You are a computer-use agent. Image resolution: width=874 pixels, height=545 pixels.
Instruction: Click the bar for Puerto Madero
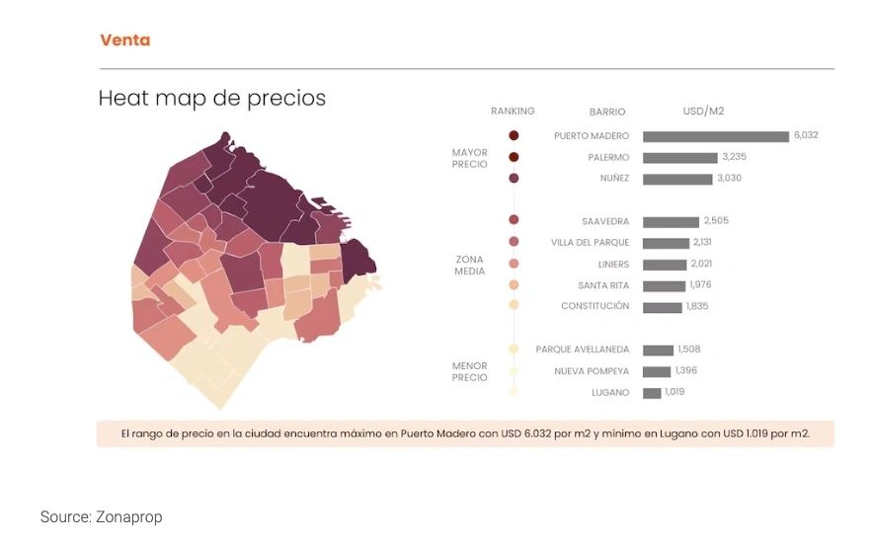[x=715, y=136]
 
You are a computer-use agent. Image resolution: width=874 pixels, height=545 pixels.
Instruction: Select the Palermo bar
[x=679, y=157]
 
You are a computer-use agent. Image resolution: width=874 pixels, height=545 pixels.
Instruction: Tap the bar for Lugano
[x=652, y=393]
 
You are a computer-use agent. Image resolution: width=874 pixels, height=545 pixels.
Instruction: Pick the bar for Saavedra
[x=671, y=221]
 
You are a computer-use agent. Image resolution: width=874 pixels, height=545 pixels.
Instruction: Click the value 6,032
[x=806, y=135]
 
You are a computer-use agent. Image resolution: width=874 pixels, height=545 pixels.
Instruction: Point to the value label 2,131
[x=702, y=242]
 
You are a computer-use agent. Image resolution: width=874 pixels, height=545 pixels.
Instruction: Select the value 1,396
[x=685, y=370]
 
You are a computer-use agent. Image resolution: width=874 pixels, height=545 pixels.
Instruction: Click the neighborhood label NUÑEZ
[x=614, y=179]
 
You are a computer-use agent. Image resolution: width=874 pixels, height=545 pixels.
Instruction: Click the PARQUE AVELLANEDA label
[x=583, y=350]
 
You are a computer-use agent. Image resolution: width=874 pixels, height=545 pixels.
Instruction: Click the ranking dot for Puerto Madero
[x=514, y=136]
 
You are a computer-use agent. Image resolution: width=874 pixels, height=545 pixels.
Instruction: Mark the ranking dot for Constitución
[x=514, y=306]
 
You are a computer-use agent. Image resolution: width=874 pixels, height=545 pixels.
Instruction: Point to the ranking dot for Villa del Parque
[x=514, y=242]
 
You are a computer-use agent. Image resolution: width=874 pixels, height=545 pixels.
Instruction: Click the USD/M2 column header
[x=703, y=112]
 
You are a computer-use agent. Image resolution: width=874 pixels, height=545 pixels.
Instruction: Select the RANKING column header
[x=513, y=112]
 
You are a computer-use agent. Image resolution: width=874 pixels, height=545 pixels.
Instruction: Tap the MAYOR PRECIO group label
[x=469, y=158]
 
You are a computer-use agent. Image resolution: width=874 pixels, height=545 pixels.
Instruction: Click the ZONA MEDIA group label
[x=469, y=265]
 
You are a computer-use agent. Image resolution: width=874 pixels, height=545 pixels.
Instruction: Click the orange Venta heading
[x=125, y=40]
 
